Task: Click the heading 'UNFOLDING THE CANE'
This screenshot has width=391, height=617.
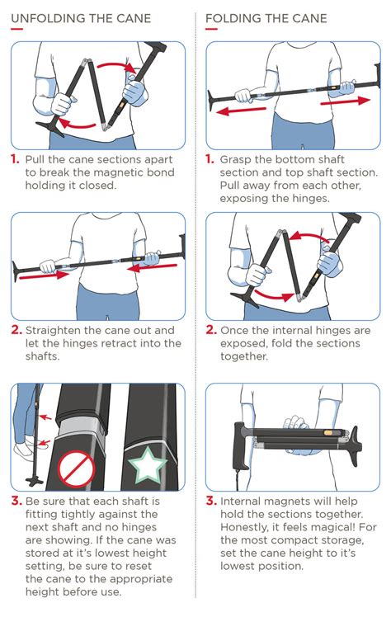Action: (x=81, y=18)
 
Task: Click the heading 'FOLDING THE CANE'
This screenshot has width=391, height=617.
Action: (x=266, y=18)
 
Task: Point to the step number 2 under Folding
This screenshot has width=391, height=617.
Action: (x=210, y=330)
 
